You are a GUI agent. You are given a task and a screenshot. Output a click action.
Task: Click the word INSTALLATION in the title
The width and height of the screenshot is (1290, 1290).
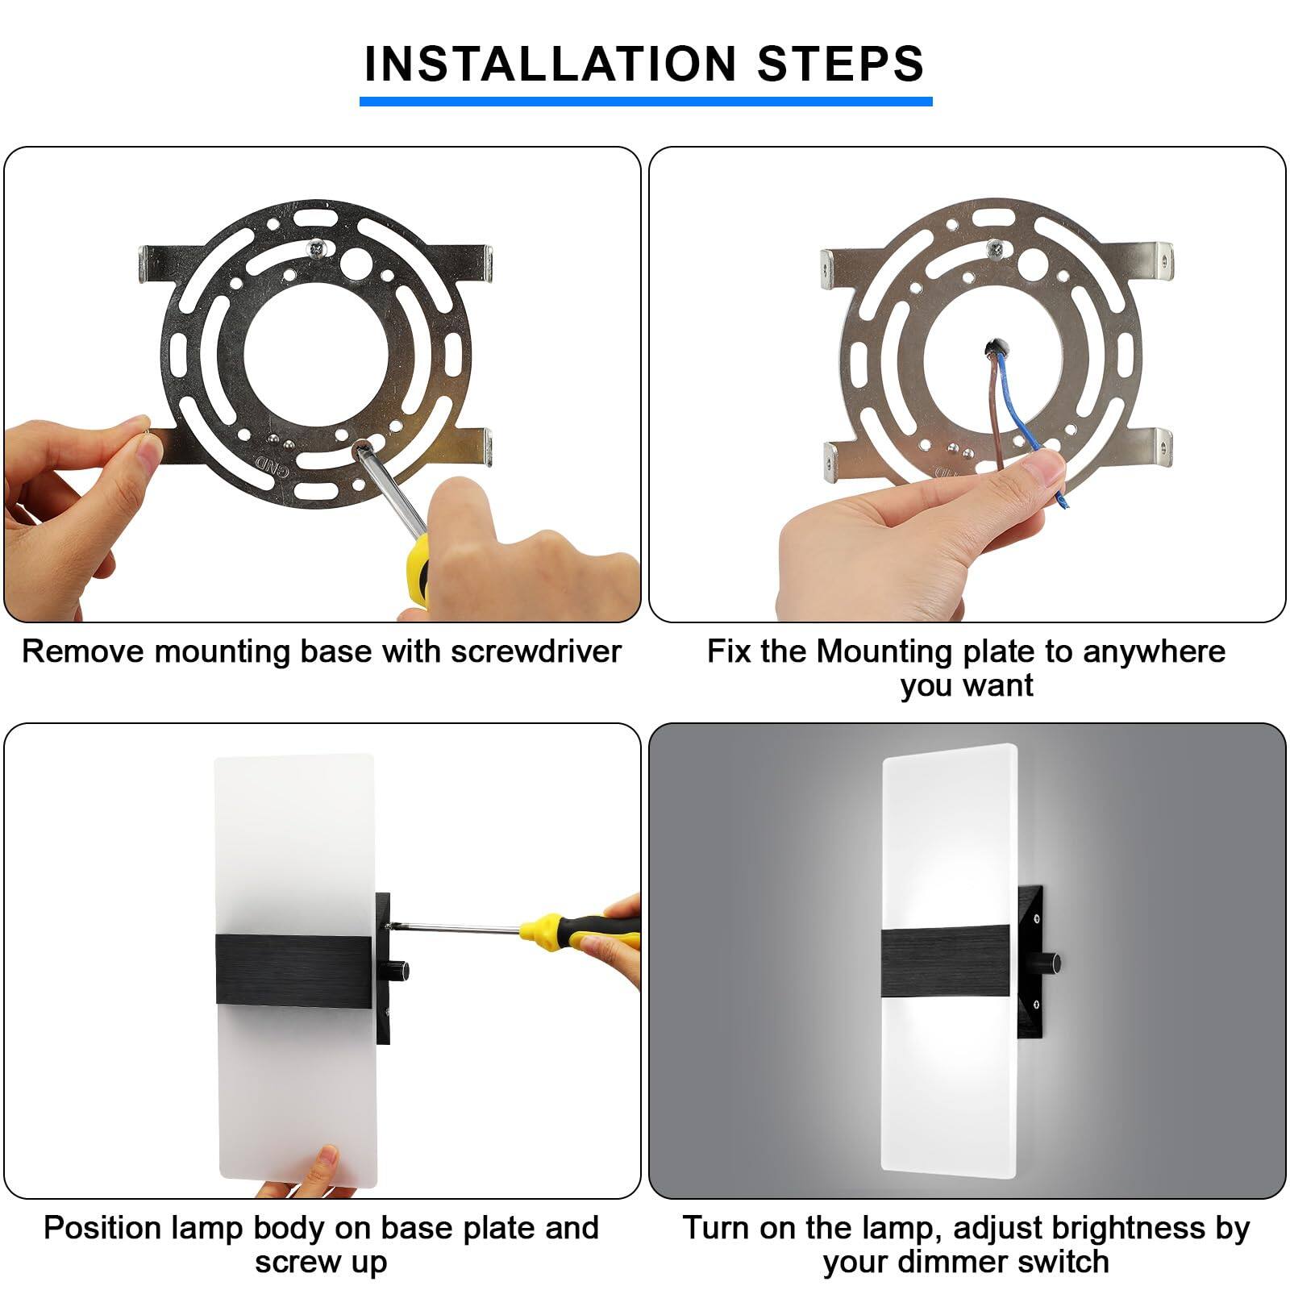point(550,64)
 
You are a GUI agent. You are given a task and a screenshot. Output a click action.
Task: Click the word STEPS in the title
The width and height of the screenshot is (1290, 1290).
point(841,64)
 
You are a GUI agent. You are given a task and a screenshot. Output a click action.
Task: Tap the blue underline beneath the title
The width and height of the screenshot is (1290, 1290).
point(645,102)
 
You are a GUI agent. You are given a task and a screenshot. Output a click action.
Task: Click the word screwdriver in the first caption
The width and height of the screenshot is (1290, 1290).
point(535,651)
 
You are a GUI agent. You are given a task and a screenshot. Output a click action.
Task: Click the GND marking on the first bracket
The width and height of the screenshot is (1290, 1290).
point(265,463)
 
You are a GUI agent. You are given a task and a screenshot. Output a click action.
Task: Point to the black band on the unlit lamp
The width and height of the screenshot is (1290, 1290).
point(293,970)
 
